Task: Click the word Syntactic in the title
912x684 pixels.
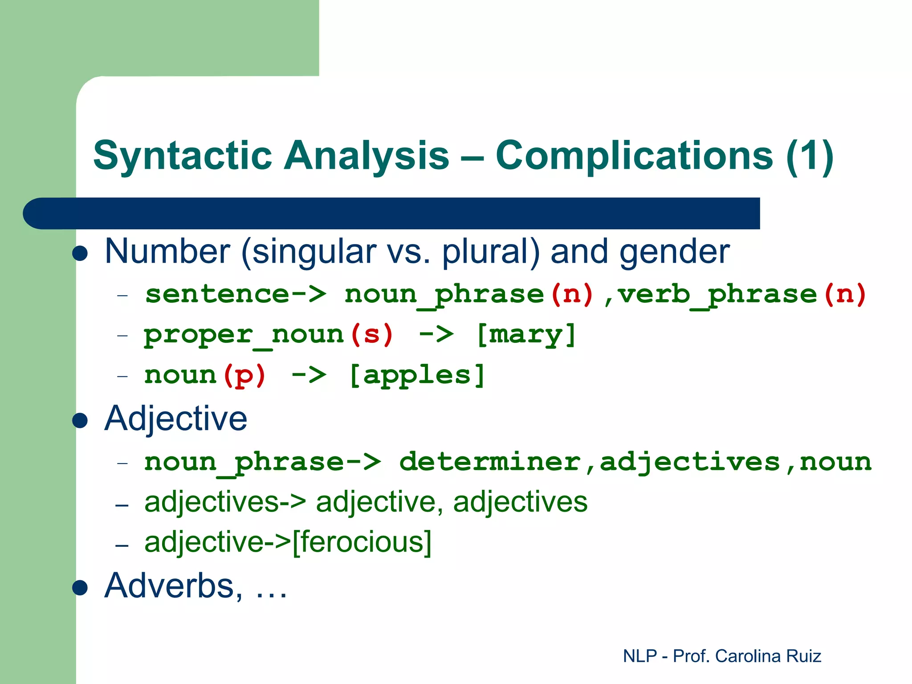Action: click(x=182, y=156)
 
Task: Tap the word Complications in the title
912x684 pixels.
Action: click(x=634, y=156)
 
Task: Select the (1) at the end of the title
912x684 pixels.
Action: click(x=810, y=156)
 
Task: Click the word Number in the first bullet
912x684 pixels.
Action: click(x=167, y=252)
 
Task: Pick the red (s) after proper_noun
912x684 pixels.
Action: click(x=371, y=334)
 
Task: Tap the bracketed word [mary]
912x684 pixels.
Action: click(x=526, y=334)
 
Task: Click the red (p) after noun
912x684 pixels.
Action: click(x=244, y=375)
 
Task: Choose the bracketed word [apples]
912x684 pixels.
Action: click(x=417, y=375)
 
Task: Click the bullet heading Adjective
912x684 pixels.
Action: click(x=175, y=419)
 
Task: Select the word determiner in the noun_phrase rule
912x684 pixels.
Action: click(x=490, y=462)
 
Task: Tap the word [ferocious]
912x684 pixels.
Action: click(x=362, y=542)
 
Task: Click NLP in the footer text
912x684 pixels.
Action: click(x=640, y=656)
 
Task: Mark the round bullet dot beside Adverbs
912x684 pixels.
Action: click(x=80, y=587)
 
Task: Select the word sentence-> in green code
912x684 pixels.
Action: click(x=236, y=294)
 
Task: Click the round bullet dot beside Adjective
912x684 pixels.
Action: click(x=80, y=420)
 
